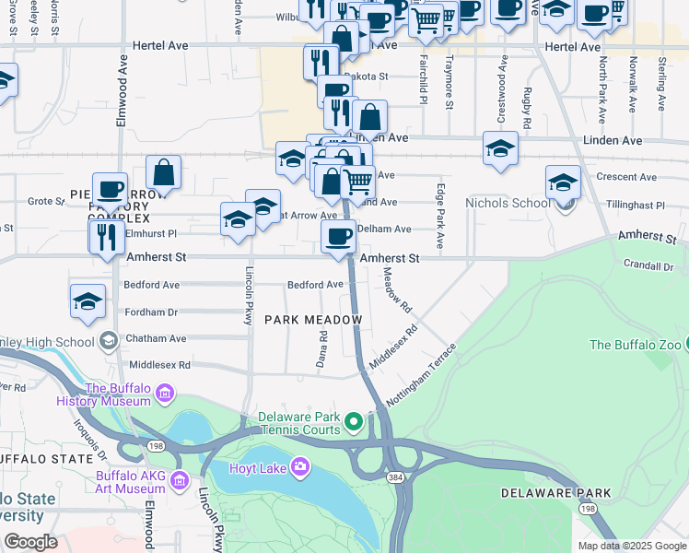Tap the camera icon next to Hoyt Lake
point(299,468)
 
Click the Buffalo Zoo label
point(635,345)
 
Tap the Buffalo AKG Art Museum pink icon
point(179,479)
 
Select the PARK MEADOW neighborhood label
point(311,319)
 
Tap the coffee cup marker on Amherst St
point(338,236)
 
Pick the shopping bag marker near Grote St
point(163,171)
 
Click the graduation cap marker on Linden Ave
point(500,148)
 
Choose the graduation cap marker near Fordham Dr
point(88,301)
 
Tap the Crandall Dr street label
point(648,266)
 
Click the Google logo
point(31,542)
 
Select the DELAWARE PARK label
point(555,493)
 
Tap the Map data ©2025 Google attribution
point(632,546)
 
